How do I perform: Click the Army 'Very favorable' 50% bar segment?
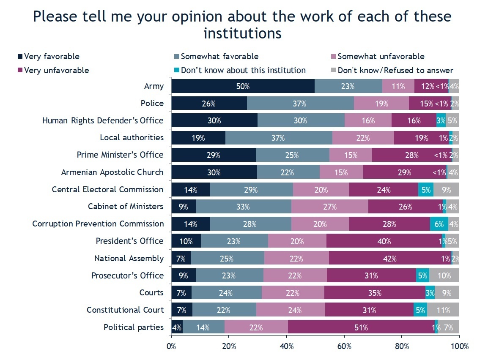click(x=243, y=86)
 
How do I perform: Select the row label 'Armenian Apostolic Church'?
click(x=112, y=172)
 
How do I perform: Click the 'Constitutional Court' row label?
click(x=125, y=310)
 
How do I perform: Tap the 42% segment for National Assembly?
click(x=389, y=259)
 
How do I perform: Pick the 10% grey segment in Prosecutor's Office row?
click(x=444, y=276)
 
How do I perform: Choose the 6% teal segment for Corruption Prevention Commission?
click(x=439, y=224)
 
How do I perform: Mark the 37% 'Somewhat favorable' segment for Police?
click(x=300, y=104)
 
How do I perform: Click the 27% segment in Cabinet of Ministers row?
click(x=329, y=207)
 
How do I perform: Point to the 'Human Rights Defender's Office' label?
click(x=103, y=120)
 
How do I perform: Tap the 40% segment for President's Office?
click(x=384, y=241)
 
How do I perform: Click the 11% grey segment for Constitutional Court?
click(x=443, y=310)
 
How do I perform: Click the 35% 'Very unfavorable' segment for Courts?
click(x=375, y=293)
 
